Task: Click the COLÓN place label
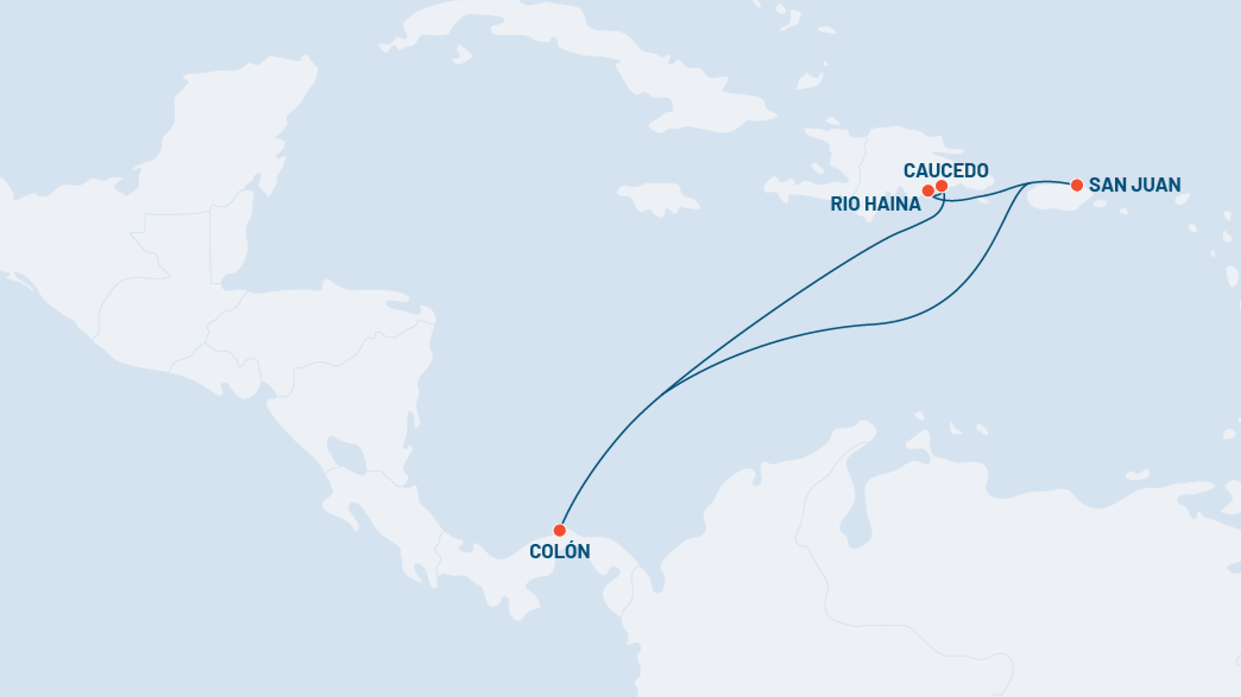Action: (x=559, y=551)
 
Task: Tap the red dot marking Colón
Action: (x=559, y=530)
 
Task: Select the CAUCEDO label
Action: (x=945, y=171)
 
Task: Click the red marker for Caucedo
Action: (x=942, y=186)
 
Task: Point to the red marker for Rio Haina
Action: (x=928, y=191)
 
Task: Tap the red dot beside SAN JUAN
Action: (x=1077, y=185)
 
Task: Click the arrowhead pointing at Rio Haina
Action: (x=935, y=197)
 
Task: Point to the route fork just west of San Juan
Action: (x=1027, y=184)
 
